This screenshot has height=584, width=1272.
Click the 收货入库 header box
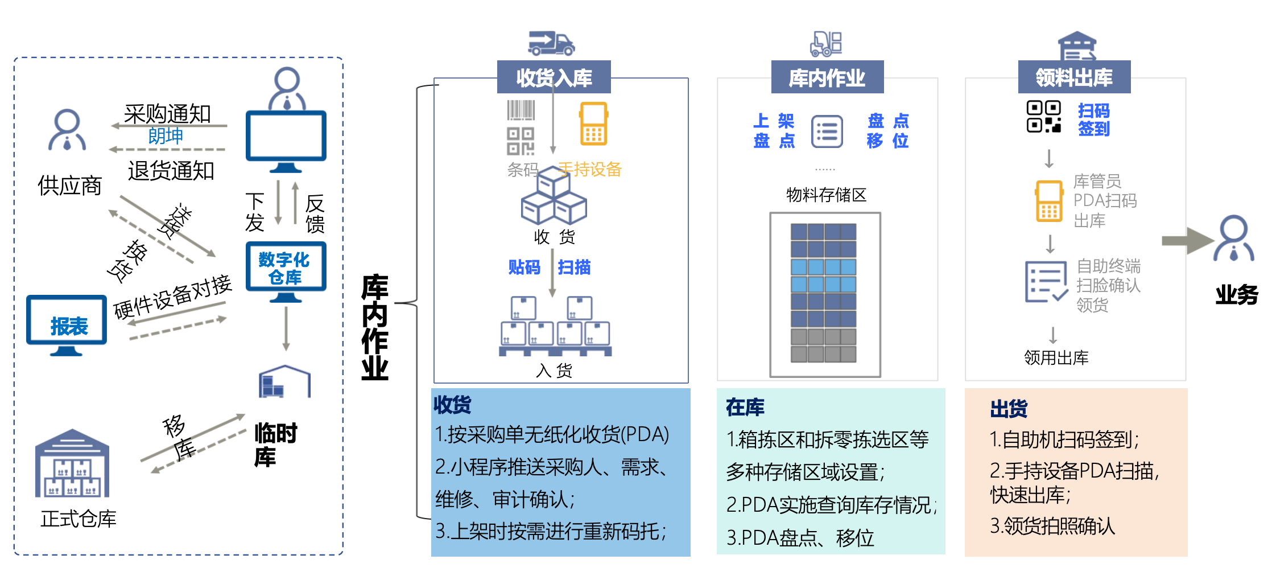[x=554, y=77]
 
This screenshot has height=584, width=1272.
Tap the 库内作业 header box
[x=827, y=77]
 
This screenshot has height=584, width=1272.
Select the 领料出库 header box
[x=1074, y=77]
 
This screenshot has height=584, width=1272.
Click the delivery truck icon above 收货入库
[x=551, y=43]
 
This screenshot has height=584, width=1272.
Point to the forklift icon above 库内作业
[x=826, y=44]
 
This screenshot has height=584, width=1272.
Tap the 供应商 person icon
[x=67, y=131]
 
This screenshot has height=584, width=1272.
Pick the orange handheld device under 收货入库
[x=593, y=124]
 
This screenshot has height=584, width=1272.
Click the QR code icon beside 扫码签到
[x=1044, y=117]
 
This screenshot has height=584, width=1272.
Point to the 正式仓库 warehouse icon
[x=72, y=464]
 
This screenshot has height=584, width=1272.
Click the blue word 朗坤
[x=166, y=136]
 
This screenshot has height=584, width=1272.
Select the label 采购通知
[x=167, y=114]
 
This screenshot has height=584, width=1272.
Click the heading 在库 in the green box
[x=745, y=407]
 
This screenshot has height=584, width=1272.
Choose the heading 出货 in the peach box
[x=1008, y=409]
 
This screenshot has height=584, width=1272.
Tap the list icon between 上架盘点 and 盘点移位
[x=827, y=131]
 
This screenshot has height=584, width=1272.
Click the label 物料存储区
[x=826, y=195]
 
